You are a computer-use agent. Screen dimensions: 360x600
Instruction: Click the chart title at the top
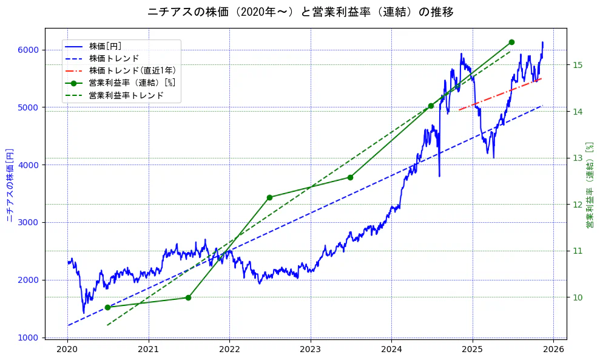[x=300, y=12]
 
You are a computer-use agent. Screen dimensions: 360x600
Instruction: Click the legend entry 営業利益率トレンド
[x=126, y=95]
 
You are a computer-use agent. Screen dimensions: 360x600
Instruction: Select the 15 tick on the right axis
[x=577, y=65]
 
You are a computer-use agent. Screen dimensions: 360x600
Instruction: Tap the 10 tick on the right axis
[x=577, y=297]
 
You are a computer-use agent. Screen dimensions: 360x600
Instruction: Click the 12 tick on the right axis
[x=577, y=205]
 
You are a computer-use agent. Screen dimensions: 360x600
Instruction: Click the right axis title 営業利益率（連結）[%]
[x=590, y=185]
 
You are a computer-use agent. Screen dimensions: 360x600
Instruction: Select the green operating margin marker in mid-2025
[x=511, y=42]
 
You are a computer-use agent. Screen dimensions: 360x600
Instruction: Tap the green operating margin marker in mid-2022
[x=269, y=197]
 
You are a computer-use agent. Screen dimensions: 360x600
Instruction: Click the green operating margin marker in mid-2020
[x=107, y=307]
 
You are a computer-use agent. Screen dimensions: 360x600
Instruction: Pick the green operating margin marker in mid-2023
[x=350, y=177]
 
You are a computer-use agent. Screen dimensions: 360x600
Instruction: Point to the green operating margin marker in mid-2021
[x=188, y=297]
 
